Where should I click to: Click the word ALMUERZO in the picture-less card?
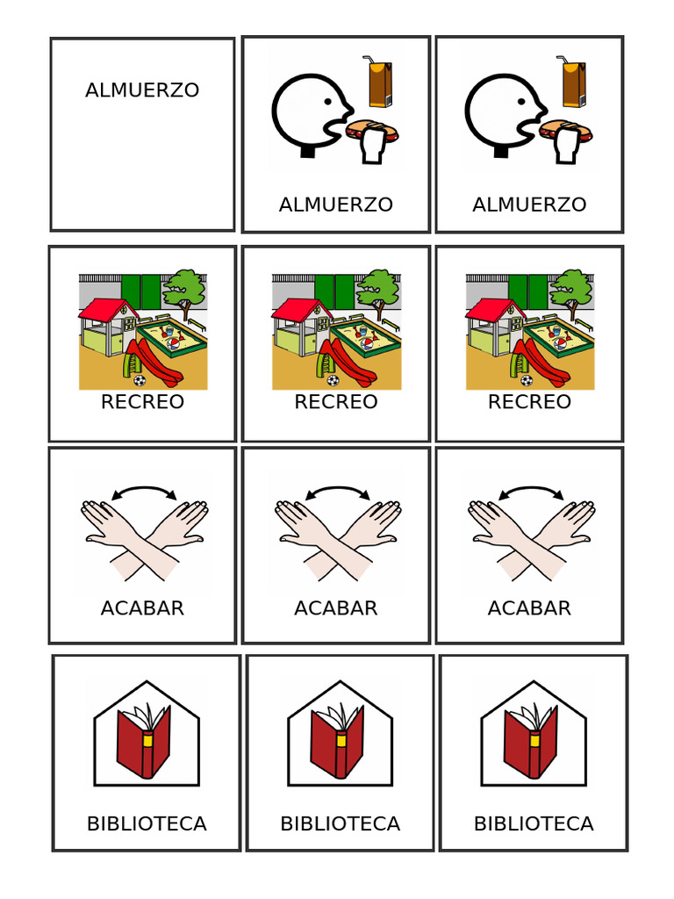click(142, 90)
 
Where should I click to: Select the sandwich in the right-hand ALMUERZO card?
click(566, 131)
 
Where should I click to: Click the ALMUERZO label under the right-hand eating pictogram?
click(529, 205)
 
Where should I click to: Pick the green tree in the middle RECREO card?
click(378, 286)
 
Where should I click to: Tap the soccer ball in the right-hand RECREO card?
click(526, 380)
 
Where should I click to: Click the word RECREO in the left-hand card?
click(142, 402)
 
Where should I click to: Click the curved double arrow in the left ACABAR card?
click(141, 491)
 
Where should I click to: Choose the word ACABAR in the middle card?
click(336, 608)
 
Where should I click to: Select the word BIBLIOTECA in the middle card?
click(340, 824)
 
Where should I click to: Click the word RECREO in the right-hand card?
click(529, 402)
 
